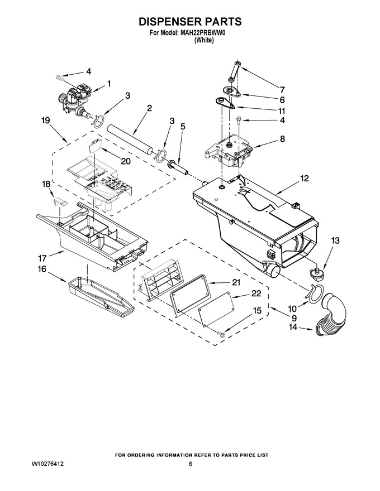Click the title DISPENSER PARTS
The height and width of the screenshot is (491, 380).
(190, 22)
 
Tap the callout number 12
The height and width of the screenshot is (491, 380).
(304, 179)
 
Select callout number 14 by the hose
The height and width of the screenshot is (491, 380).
(292, 328)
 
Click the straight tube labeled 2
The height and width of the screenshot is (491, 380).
(130, 138)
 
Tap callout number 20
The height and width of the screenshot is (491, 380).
(125, 161)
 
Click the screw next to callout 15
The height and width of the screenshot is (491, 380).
(221, 334)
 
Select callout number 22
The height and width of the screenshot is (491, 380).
(256, 293)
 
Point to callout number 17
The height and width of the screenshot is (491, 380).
(42, 258)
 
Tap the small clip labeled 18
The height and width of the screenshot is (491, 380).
(60, 201)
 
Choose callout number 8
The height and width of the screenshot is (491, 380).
(283, 139)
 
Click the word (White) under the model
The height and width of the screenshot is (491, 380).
(204, 40)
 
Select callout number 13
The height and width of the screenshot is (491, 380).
(335, 240)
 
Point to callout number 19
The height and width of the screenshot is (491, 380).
(46, 121)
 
